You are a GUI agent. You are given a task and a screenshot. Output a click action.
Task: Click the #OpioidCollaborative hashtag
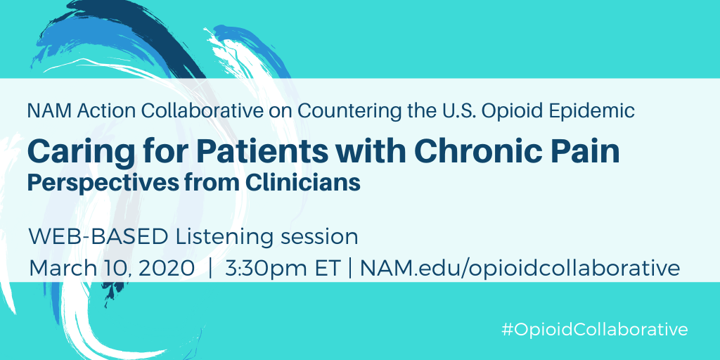[595, 330]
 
